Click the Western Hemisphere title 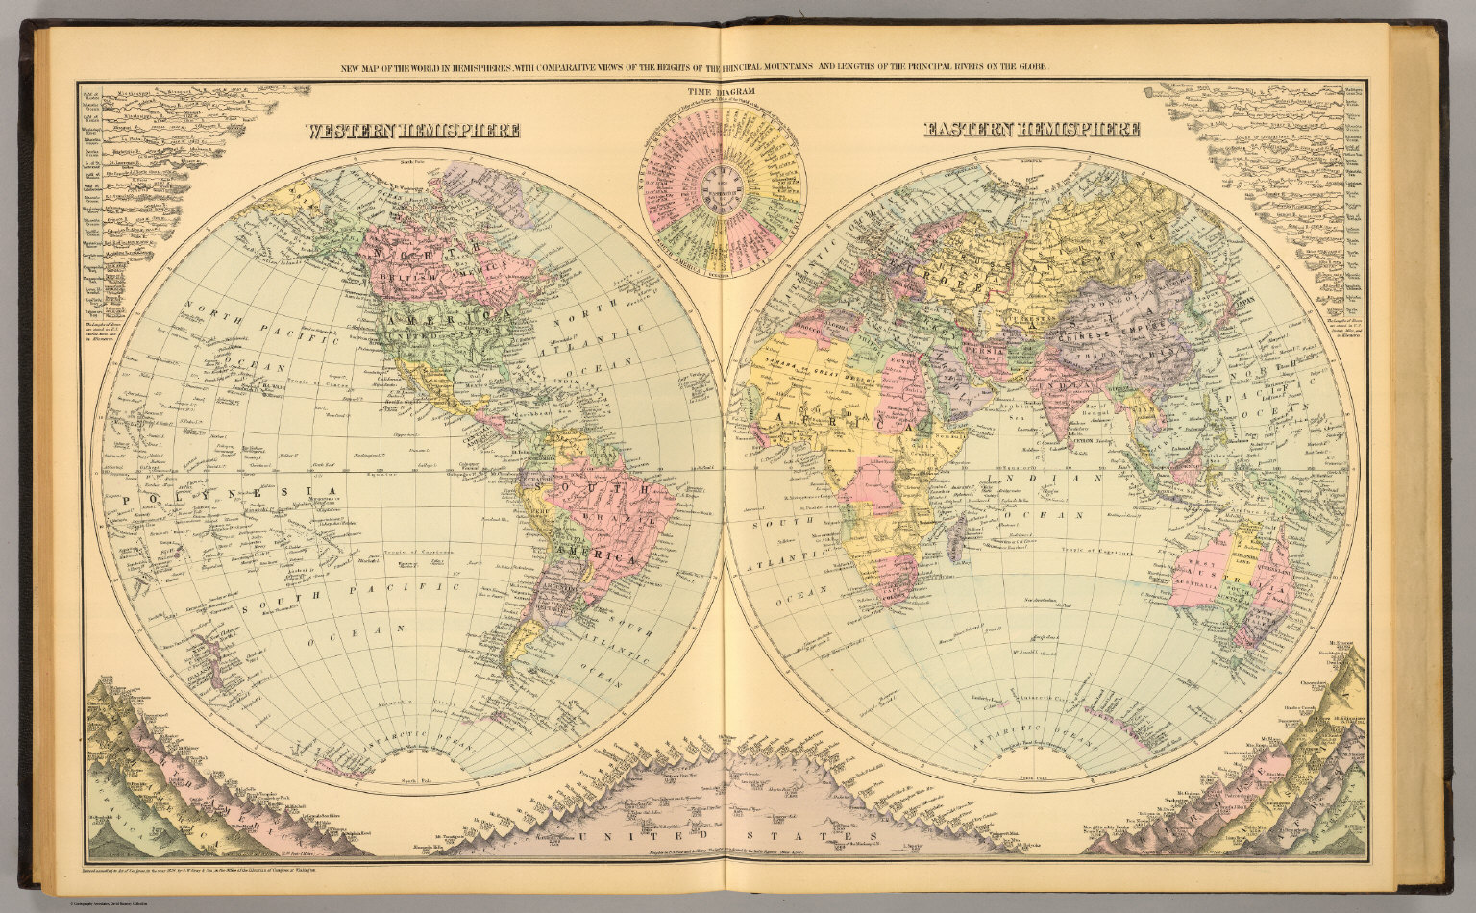point(412,131)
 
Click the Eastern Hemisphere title point(1031,129)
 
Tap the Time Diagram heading point(721,92)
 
